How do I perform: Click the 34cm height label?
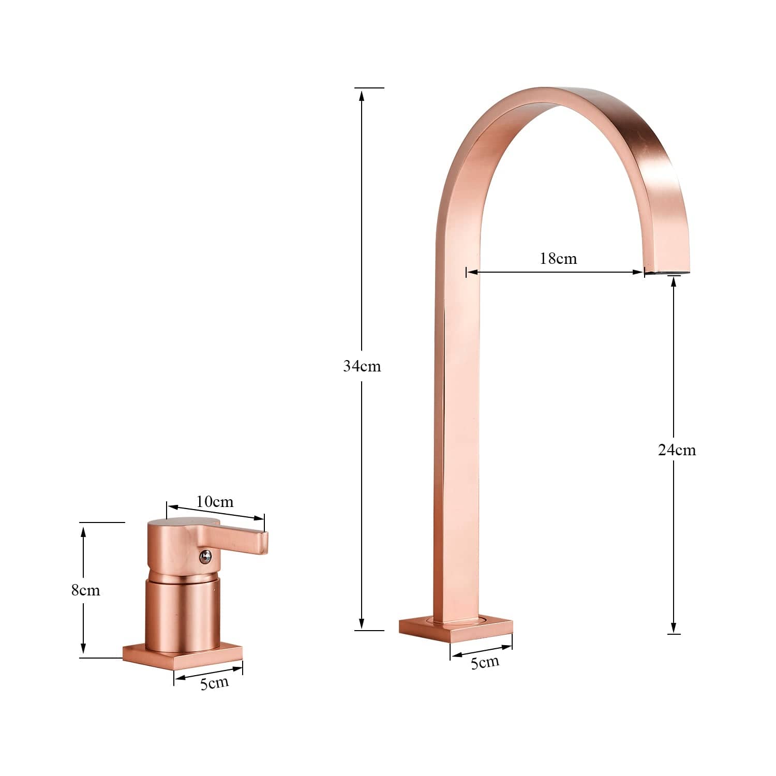pos(362,366)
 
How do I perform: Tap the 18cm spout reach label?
pos(558,258)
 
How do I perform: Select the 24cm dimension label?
pos(677,450)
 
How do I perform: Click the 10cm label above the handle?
pos(215,502)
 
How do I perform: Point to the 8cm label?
pos(85,590)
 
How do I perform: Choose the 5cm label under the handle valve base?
pos(214,683)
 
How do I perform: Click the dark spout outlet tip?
pos(667,271)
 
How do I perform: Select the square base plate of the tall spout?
pos(455,628)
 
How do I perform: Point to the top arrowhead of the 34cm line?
pos(362,94)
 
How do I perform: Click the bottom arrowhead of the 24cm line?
pos(674,628)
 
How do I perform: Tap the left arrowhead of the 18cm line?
pos(471,272)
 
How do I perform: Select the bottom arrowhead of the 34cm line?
pos(362,624)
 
